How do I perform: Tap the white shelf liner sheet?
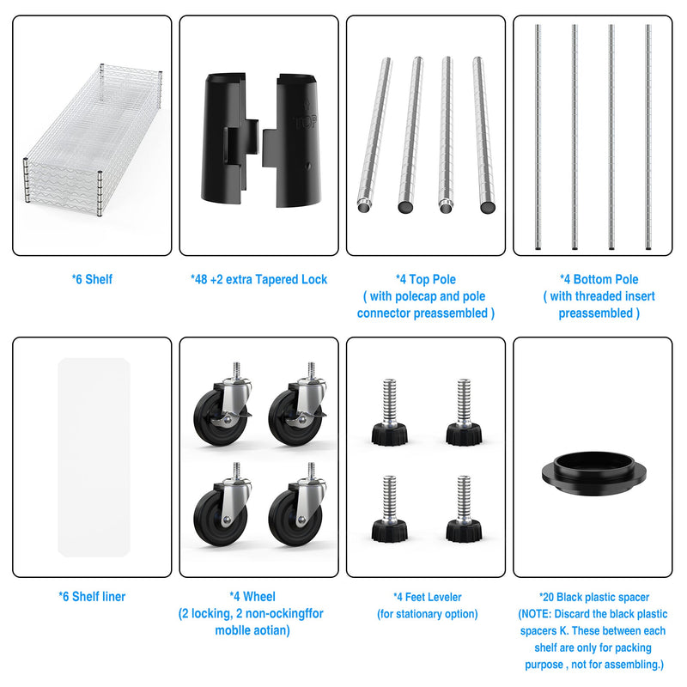pos(94,458)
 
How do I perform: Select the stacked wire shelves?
pos(93,140)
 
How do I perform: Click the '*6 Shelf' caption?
pos(92,280)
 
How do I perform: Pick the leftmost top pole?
pos(374,135)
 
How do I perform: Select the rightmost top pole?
pos(483,135)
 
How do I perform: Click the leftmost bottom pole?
pos(538,137)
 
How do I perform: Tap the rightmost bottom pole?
pos(648,137)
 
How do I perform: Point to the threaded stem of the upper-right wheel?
pos(311,370)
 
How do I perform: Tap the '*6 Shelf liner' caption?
pos(92,597)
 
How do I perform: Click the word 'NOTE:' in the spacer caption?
pos(536,614)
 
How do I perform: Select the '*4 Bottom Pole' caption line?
pos(599,280)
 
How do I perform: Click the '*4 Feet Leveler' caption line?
pos(427,597)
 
